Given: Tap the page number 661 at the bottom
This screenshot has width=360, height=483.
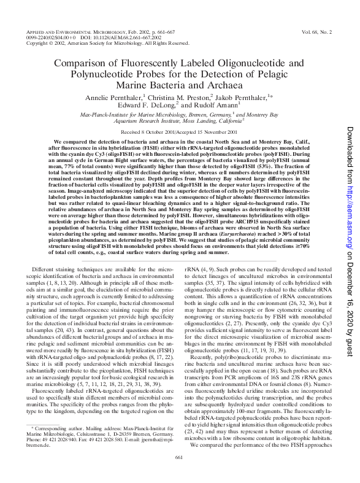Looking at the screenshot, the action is pos(180,473).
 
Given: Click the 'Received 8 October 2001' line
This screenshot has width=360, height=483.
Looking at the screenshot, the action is pos(150,133).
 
